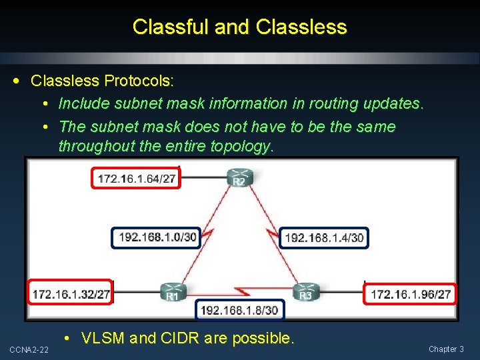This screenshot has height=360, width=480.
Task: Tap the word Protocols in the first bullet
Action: pos(139,81)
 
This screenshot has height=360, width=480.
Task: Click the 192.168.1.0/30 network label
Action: pos(158,237)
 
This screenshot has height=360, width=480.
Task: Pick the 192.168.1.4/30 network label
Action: pos(324,237)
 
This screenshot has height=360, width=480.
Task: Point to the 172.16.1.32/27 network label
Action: pos(71,293)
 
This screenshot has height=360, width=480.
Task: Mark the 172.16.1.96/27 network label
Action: pos(411,293)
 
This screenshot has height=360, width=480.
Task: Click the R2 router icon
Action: pos(239,179)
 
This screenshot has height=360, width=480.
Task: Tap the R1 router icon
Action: pos(172,292)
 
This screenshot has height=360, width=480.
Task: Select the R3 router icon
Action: pos(306,292)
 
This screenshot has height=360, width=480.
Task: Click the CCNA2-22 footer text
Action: pos(28,349)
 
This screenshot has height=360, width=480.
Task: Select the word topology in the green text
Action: pos(242,147)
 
